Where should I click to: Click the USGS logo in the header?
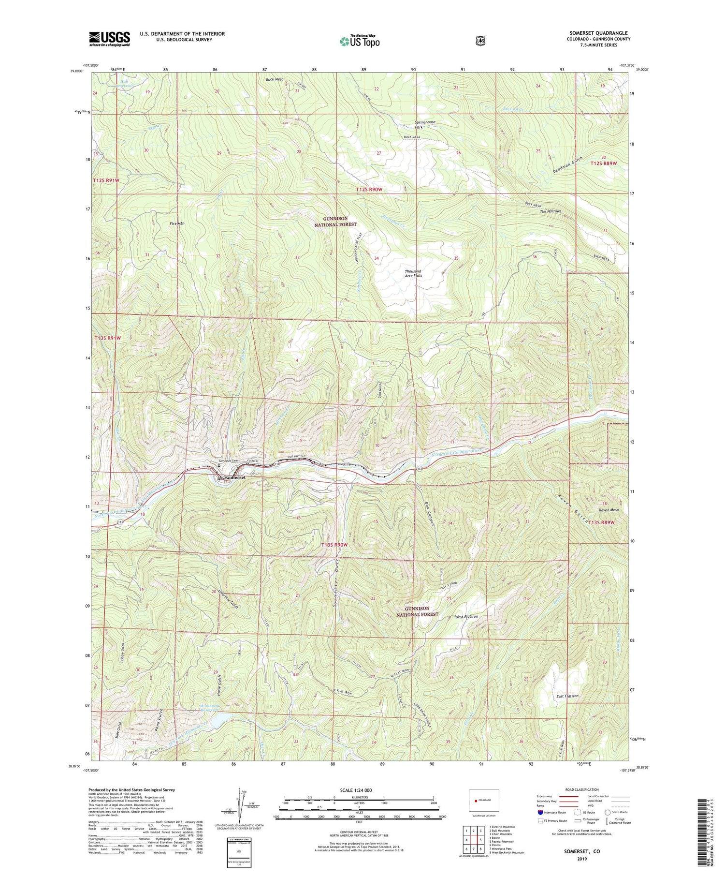coord(109,39)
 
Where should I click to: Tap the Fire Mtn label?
coord(177,223)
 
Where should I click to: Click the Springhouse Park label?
coord(425,124)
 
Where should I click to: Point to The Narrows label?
coord(551,211)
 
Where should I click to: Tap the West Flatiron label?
coord(466,617)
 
